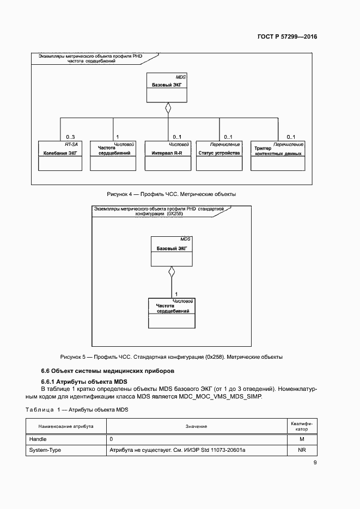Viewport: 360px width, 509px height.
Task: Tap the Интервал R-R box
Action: click(167, 156)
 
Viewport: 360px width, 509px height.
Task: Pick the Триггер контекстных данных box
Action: click(278, 156)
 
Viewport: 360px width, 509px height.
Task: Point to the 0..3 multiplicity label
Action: click(70, 137)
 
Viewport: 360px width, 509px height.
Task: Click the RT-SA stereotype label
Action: click(71, 144)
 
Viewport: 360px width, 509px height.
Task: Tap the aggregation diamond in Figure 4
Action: click(168, 109)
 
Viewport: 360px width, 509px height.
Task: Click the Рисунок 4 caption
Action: click(170, 194)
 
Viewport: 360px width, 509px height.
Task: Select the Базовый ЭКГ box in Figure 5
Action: click(172, 251)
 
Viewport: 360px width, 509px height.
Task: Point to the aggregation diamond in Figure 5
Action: click(172, 272)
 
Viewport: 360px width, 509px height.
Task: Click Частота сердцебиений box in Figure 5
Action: click(172, 313)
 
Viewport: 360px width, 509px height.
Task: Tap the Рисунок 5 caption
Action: click(171, 357)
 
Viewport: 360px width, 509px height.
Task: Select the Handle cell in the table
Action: click(66, 438)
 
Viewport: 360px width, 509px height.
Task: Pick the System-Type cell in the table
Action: click(66, 450)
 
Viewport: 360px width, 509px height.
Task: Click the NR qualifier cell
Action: click(301, 450)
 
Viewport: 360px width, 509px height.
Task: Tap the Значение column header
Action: click(196, 426)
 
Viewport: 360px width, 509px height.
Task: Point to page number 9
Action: click(315, 463)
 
